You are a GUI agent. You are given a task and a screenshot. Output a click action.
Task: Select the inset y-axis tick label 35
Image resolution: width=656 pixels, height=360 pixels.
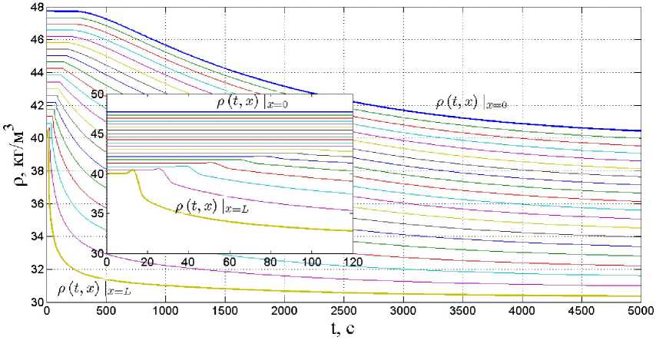click(x=97, y=214)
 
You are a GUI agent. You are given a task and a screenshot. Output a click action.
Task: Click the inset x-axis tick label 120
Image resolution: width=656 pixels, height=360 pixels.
click(x=352, y=263)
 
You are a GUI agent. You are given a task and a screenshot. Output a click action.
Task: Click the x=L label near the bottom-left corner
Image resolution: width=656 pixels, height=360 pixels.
click(x=94, y=289)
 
